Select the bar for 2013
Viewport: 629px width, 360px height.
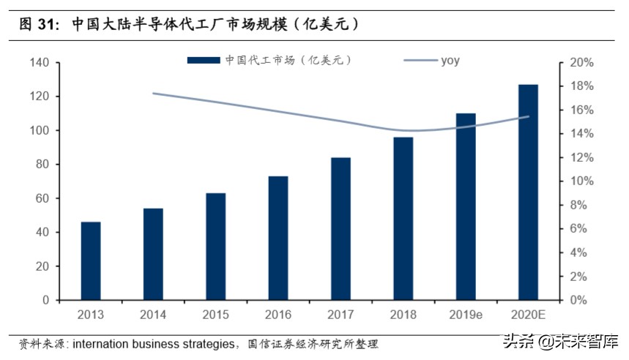tap(90, 260)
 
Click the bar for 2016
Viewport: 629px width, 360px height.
tap(278, 238)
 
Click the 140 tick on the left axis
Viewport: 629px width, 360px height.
tap(40, 63)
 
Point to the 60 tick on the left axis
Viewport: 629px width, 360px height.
tap(42, 198)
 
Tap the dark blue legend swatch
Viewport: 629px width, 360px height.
tap(204, 61)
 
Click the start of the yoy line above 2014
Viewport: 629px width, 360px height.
tap(153, 94)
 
